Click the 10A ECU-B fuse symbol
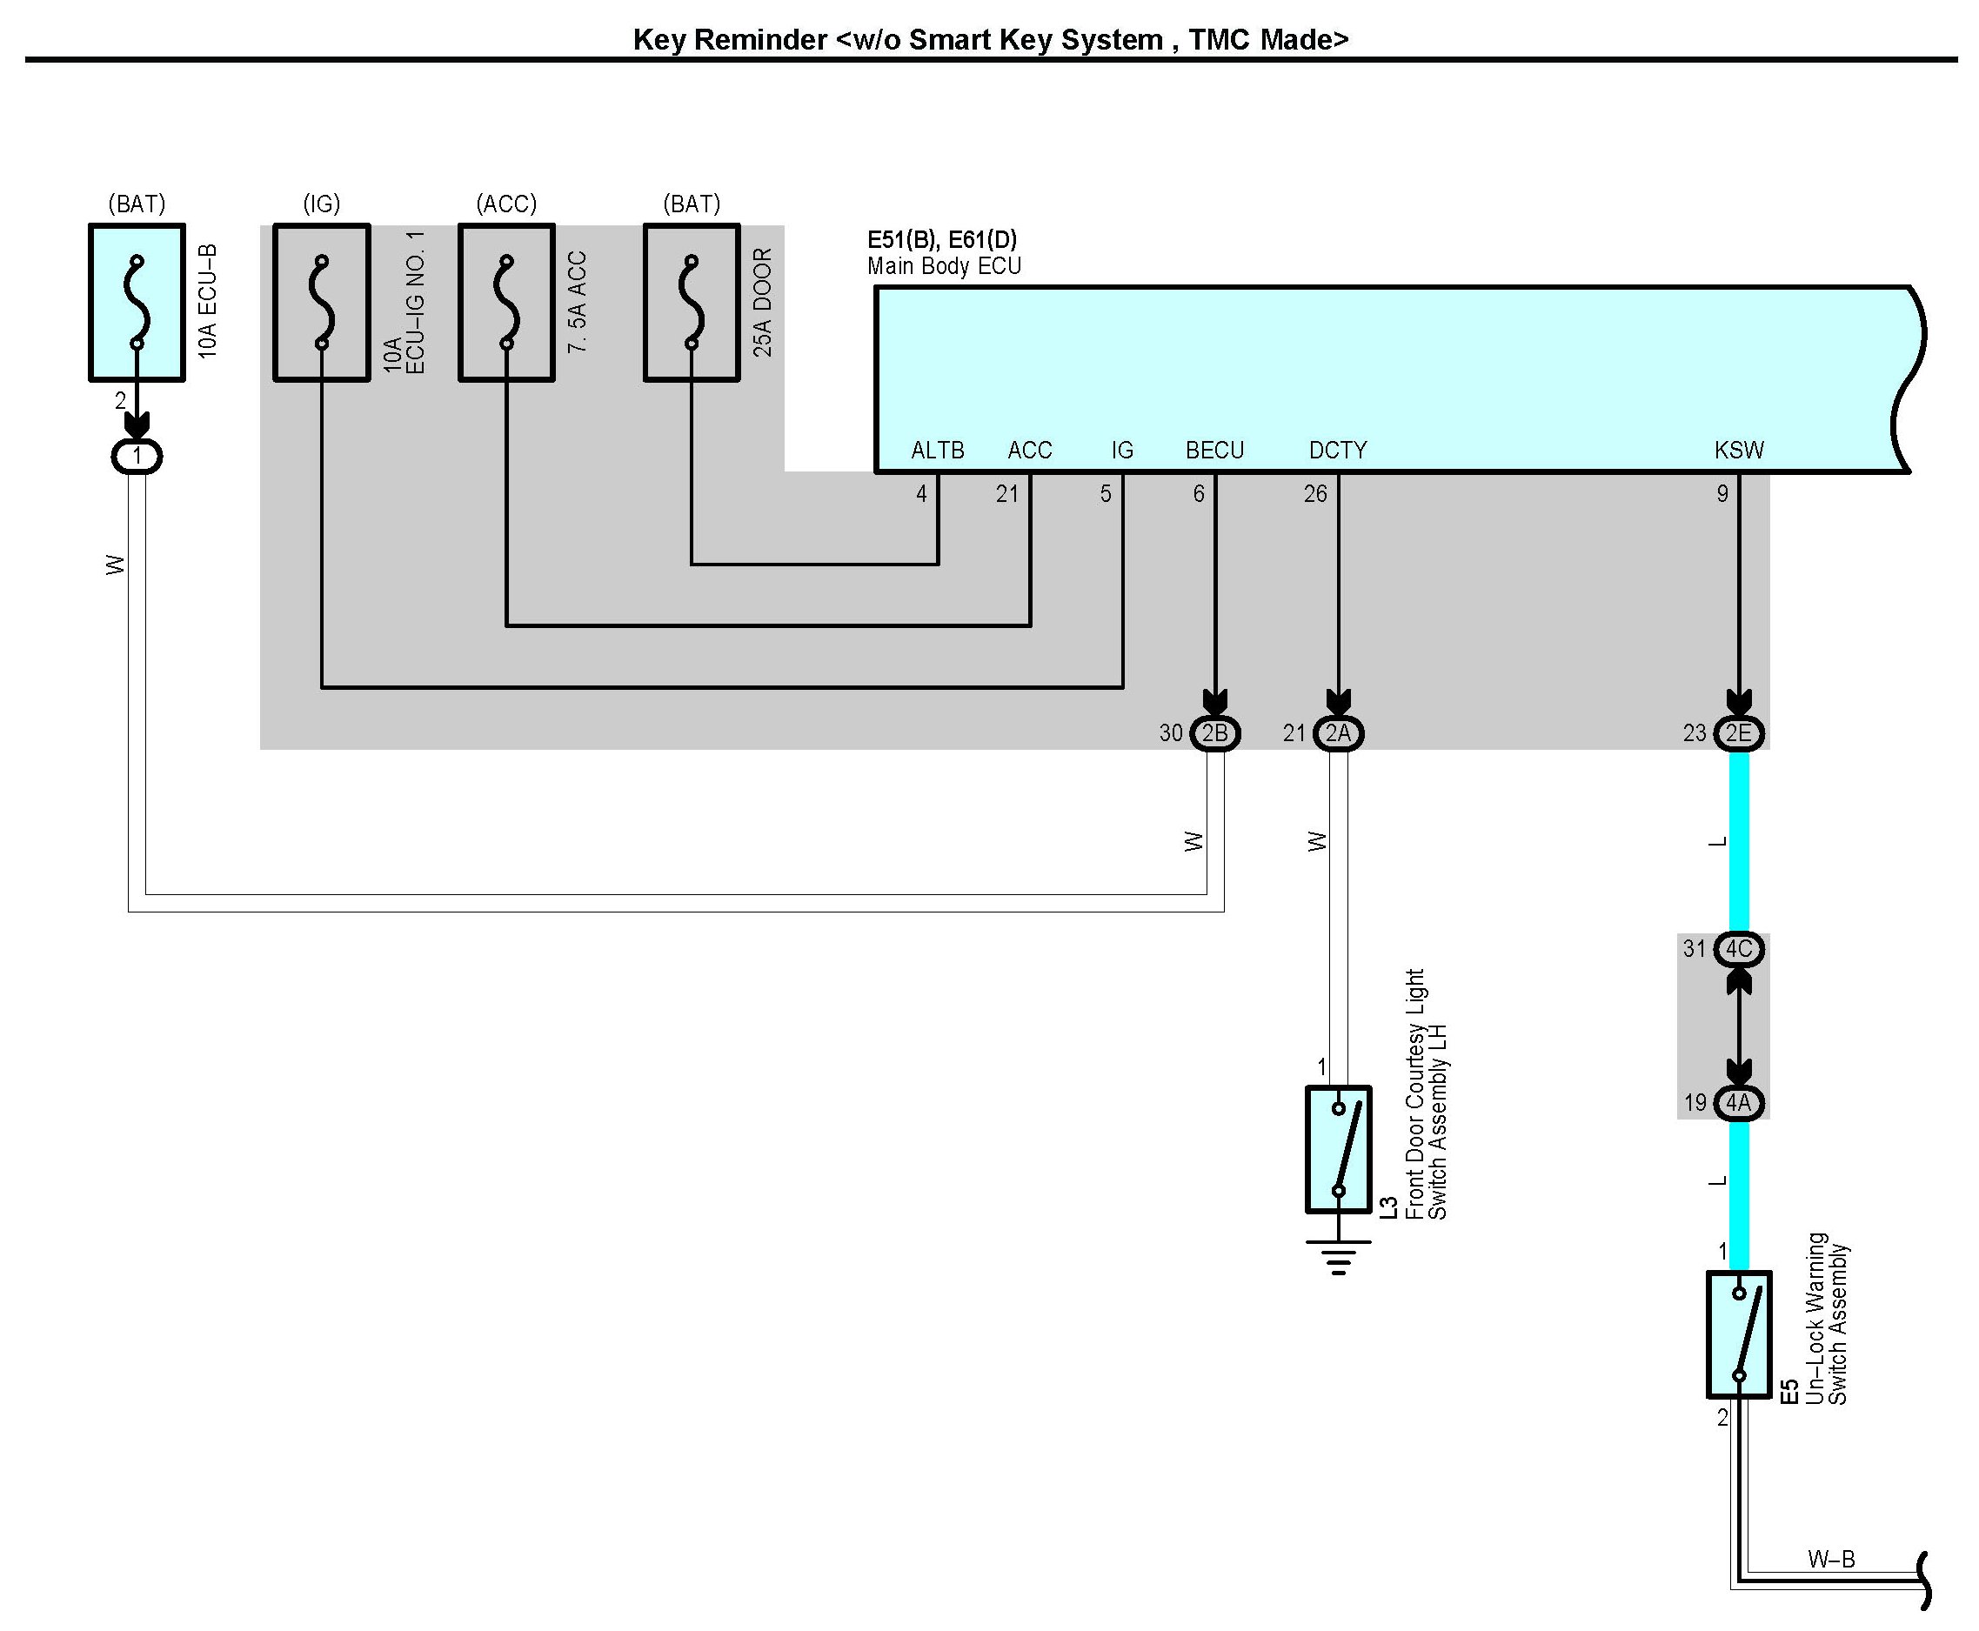pos(137,302)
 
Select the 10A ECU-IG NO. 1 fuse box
pos(321,302)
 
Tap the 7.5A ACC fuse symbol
pos(506,302)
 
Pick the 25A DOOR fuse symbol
pos(692,302)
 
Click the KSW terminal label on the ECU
pos(1738,450)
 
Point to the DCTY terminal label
pos(1337,450)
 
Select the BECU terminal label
pos(1214,450)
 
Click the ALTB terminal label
pos(937,450)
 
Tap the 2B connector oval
pos(1215,732)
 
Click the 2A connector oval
pos(1338,732)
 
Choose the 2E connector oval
pos(1738,732)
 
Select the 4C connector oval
pos(1738,949)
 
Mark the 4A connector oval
pos(1738,1102)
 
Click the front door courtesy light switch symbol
pos(1338,1149)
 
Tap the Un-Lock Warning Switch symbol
pos(1738,1334)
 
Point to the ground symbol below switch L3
pos(1338,1257)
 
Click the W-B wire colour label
pos(1830,1560)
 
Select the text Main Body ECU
pos(944,266)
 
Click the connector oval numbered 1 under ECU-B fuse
pos(137,457)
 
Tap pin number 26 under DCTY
pos(1314,493)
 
